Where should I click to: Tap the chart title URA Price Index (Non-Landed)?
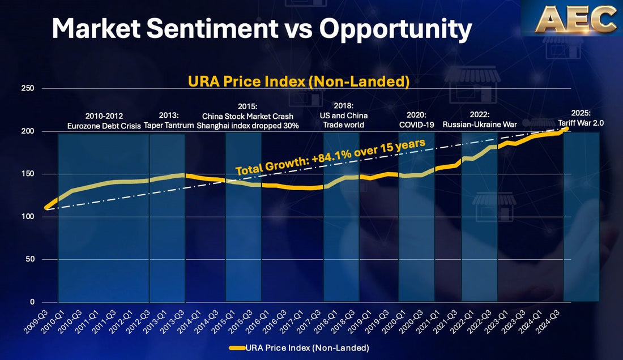pyautogui.click(x=298, y=81)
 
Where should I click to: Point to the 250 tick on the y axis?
pyautogui.click(x=27, y=89)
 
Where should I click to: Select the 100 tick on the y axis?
pyautogui.click(x=27, y=217)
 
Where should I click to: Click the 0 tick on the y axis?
pyautogui.click(x=32, y=302)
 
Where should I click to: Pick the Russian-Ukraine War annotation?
pyautogui.click(x=479, y=124)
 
